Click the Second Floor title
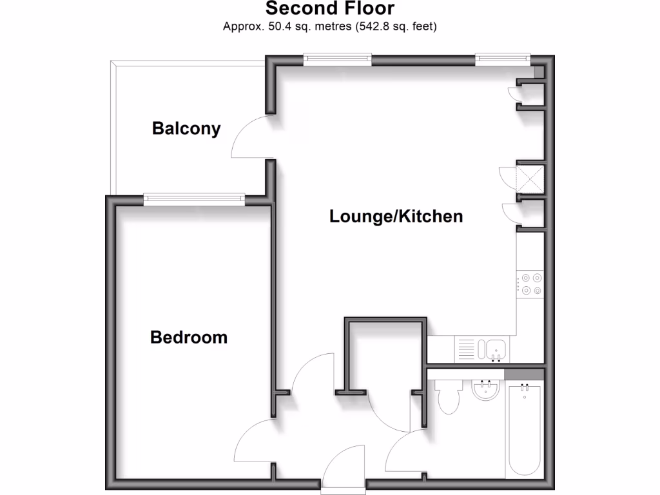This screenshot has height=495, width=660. point(329,8)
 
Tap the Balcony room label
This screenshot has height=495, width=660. point(186,128)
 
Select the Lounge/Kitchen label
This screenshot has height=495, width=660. point(396,216)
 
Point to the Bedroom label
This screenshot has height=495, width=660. point(188,336)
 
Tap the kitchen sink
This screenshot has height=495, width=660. point(496,350)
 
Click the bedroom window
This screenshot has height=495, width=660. point(194,199)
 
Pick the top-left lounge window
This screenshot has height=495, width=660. point(338,59)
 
